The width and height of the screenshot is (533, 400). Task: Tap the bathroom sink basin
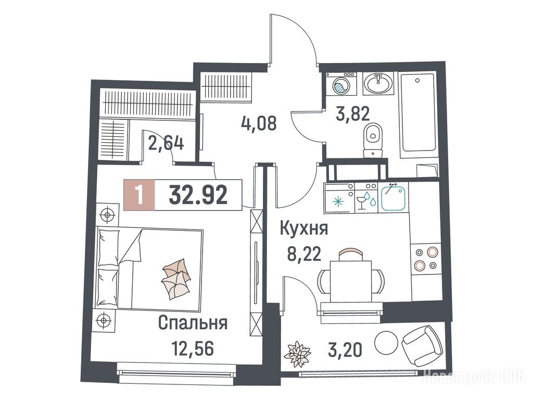tap(378, 83)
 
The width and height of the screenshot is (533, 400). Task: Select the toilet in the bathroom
tap(373, 140)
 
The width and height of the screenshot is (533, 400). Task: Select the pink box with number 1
tap(139, 195)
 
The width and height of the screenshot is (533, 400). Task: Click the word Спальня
tap(193, 323)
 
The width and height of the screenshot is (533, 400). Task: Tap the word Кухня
tap(303, 229)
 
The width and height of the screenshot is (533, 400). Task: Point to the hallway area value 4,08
tap(259, 123)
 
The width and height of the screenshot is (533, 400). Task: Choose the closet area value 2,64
tap(166, 144)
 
